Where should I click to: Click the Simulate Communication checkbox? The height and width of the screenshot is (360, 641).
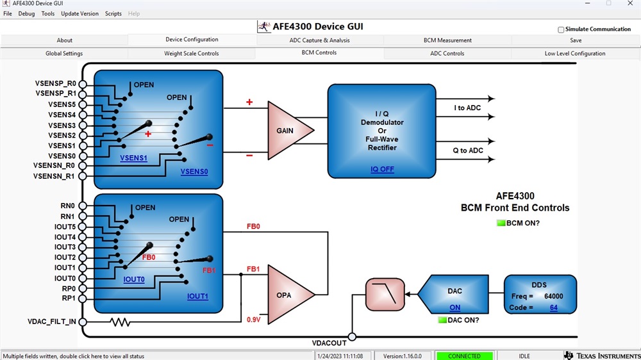click(561, 29)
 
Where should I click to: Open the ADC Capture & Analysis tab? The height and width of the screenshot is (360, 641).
click(320, 40)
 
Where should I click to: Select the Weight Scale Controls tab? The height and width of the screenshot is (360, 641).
click(192, 54)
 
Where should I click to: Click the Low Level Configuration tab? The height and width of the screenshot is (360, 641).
click(574, 54)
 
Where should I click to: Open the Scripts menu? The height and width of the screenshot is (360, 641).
click(113, 13)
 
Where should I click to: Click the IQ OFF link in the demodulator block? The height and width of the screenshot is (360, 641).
click(382, 169)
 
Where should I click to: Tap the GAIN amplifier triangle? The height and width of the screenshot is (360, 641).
click(287, 130)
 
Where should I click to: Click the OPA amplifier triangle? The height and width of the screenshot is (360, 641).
click(287, 295)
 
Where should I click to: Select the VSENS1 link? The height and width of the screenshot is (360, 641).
click(133, 158)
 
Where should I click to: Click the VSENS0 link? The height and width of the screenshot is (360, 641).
click(194, 172)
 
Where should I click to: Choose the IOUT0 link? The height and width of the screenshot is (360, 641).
click(134, 280)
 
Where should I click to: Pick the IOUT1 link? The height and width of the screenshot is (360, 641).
click(197, 297)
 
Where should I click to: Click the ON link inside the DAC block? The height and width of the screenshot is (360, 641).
click(454, 308)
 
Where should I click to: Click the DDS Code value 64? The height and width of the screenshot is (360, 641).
click(553, 308)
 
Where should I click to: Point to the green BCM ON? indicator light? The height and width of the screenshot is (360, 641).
click(501, 223)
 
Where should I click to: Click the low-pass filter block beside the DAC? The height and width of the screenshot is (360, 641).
click(385, 295)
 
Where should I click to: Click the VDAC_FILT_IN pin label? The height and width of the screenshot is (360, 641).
click(52, 322)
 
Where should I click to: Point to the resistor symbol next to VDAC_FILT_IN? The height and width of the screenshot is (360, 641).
click(121, 322)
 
